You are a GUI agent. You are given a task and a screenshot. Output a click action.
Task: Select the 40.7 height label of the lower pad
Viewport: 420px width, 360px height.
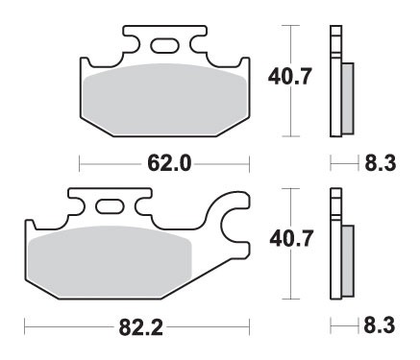click(x=285, y=233)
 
